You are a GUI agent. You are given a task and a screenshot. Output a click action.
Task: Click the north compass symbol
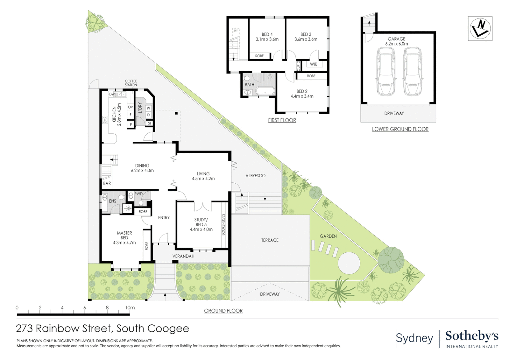pos(480,28)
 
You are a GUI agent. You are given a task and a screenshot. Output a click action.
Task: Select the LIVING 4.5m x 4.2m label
pos(203,176)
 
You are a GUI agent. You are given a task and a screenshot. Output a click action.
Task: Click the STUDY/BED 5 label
pos(201,224)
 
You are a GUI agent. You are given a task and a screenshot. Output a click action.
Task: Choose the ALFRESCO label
pos(255,176)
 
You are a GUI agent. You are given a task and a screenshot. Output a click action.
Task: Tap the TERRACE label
pos(269,240)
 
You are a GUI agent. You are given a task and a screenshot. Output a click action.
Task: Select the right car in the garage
pos(412,71)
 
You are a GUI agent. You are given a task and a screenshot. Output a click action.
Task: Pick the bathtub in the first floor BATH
pos(265,91)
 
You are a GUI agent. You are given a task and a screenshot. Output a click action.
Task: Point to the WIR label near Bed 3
pos(313,64)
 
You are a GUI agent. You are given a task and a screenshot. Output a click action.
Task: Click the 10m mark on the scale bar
pos(130,308)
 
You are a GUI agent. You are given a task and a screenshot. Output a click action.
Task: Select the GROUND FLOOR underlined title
pos(223,311)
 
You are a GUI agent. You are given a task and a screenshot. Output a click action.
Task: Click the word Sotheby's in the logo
pos(472,336)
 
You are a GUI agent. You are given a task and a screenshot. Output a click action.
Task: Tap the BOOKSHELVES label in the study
pos(223,225)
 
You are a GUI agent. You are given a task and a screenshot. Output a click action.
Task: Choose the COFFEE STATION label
pos(131,83)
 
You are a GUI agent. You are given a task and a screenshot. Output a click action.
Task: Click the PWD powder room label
pos(138,194)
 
